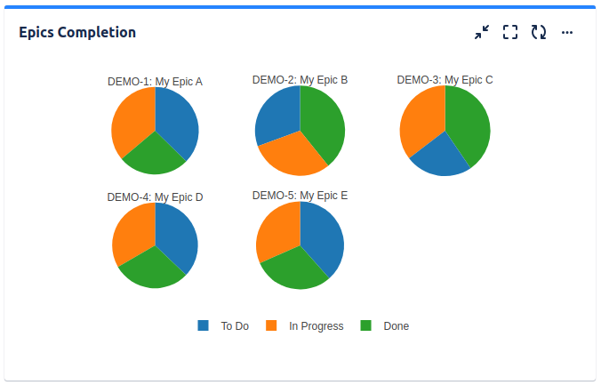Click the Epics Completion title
point(77,33)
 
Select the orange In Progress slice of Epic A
point(132,120)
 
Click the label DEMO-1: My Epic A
point(155,82)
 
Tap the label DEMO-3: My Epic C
point(445,80)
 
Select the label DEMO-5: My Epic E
point(300,196)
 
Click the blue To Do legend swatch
point(204,326)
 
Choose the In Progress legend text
point(316,326)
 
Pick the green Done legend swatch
point(365,326)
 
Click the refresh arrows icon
point(538,33)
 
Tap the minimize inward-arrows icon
point(482,33)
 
